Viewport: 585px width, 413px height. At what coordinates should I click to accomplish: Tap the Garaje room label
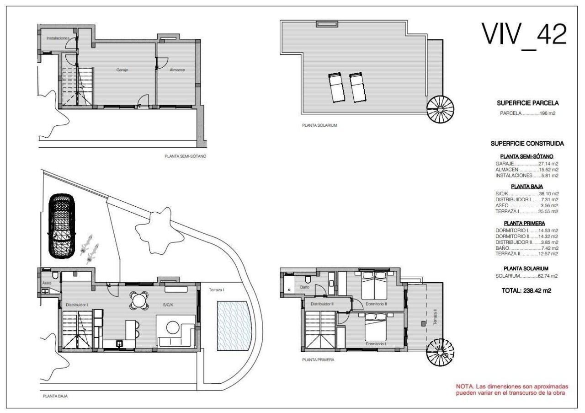[122, 70]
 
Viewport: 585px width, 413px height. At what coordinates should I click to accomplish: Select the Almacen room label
[177, 70]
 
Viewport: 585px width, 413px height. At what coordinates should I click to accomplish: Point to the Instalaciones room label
[58, 38]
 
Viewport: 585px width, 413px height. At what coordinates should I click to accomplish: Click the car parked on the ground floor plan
[62, 226]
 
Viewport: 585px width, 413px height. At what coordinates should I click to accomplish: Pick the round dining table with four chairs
[138, 301]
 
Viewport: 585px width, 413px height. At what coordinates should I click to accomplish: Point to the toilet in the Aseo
[55, 275]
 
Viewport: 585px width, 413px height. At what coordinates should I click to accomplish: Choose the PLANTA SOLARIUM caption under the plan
[319, 125]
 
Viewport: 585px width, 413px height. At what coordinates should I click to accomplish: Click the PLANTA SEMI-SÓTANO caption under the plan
[186, 156]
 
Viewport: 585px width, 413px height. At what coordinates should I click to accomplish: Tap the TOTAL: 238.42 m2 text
[526, 290]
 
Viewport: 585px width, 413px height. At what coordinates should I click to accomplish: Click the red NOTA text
[512, 390]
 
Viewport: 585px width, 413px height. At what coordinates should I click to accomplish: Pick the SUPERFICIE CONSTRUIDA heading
[527, 144]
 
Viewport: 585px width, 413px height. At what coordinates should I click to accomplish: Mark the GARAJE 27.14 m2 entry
[526, 164]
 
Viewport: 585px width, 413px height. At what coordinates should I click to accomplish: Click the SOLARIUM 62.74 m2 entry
[526, 276]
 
